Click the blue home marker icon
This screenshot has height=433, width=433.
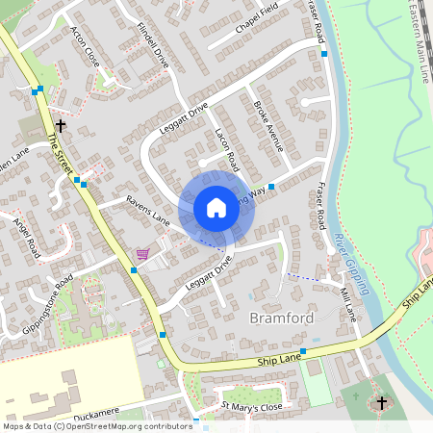(x=216, y=207)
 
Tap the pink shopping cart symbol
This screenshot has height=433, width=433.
(x=142, y=253)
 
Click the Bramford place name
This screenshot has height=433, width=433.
(x=281, y=318)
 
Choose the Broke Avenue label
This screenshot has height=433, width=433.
(x=268, y=125)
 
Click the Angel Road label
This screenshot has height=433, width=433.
(x=28, y=235)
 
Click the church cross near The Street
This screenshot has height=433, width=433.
(x=61, y=125)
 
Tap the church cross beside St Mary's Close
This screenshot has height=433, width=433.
(x=381, y=401)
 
